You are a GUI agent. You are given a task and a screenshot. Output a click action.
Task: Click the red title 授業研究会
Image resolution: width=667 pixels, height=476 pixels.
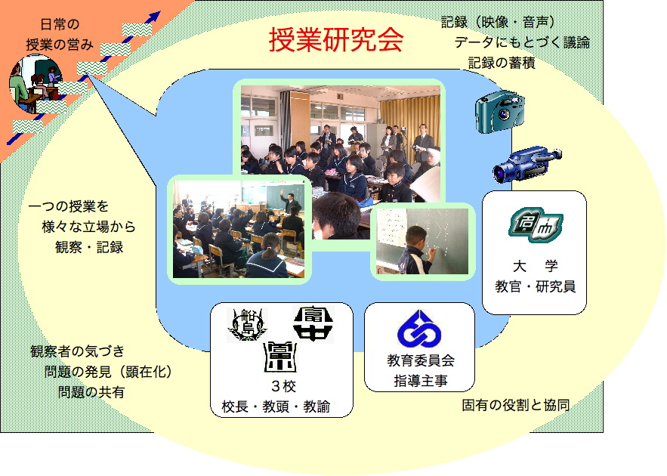[x=336, y=40]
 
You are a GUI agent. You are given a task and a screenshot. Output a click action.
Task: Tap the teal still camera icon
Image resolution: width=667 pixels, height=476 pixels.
[x=500, y=112]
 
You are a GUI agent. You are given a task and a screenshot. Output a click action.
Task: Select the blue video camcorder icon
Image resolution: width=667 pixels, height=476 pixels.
[x=527, y=164]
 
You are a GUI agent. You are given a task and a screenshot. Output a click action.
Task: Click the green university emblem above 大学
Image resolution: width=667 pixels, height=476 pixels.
[x=536, y=225]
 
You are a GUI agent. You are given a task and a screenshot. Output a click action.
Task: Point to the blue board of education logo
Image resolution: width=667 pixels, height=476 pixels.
[x=419, y=329]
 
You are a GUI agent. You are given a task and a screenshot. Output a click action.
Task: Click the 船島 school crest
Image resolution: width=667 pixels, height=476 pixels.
[x=248, y=325]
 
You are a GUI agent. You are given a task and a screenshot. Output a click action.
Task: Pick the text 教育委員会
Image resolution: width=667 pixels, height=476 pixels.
[x=420, y=360]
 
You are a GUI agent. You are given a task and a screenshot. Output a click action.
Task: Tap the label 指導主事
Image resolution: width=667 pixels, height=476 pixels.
[x=420, y=381]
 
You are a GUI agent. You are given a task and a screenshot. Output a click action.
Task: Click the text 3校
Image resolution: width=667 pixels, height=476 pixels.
[x=283, y=386]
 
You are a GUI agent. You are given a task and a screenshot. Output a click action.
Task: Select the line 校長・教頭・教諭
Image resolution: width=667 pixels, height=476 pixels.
[x=276, y=406]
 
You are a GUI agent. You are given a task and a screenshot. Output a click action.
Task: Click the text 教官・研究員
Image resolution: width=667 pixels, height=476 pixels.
[x=535, y=286]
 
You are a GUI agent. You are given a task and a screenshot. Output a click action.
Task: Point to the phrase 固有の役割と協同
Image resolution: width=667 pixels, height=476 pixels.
[x=516, y=405]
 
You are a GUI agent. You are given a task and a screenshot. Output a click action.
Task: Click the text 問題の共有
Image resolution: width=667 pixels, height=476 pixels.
[x=91, y=392]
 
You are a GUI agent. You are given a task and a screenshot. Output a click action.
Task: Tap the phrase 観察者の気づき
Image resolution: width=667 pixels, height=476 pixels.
[x=77, y=351]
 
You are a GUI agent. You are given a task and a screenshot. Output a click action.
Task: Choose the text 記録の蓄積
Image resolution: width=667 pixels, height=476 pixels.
[x=502, y=63]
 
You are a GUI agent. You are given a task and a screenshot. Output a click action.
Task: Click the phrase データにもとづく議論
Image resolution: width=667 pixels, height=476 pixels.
[x=522, y=42]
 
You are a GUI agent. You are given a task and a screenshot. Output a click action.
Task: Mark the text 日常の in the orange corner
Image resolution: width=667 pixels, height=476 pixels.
[x=60, y=24]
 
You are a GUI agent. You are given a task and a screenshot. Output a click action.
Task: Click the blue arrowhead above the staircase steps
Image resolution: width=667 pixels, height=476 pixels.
[x=153, y=17]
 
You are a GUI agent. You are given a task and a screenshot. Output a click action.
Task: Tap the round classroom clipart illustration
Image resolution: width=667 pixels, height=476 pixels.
[x=36, y=83]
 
